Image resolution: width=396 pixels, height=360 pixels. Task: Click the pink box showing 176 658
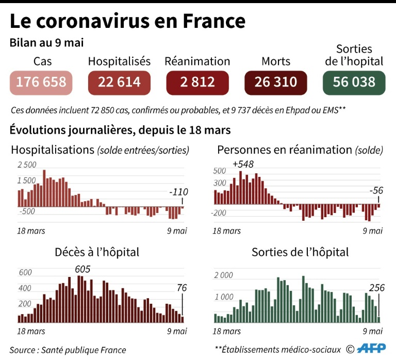pos(41,82)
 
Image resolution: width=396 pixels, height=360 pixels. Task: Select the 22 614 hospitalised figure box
pos(120,82)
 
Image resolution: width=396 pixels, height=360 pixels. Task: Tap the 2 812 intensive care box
pos(197,82)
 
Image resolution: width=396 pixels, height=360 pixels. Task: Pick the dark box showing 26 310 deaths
pos(276,82)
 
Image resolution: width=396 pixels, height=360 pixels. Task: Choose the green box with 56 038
pos(354,82)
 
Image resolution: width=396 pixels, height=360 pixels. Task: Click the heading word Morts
pos(276,61)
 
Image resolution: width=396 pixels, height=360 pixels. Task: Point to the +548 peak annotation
pos(243,164)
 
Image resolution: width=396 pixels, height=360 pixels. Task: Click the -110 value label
pos(178,192)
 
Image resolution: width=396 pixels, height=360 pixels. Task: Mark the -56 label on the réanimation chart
pos(376,191)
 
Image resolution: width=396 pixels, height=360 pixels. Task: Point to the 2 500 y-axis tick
pos(27,165)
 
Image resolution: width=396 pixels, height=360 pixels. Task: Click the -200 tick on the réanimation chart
pos(220,213)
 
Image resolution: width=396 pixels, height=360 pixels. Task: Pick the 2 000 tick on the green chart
pos(223,276)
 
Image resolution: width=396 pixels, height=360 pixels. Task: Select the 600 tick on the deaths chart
pos(25,273)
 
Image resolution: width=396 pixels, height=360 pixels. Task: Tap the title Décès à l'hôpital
pos(97,253)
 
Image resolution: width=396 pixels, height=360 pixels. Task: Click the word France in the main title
pos(213,21)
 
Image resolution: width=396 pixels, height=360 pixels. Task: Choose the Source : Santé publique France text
pos(68,350)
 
